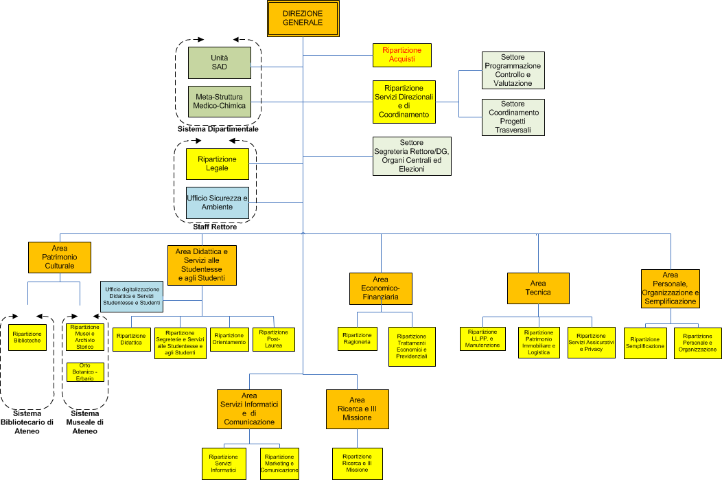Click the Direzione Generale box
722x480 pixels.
click(x=302, y=19)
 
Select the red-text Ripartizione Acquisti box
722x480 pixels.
click(x=402, y=55)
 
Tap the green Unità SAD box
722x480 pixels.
click(x=220, y=62)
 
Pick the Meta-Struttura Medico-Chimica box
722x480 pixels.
click(x=220, y=102)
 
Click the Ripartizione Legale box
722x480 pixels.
click(x=217, y=164)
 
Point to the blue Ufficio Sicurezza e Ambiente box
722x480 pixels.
click(x=217, y=202)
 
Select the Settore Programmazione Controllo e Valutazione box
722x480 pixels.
click(x=513, y=70)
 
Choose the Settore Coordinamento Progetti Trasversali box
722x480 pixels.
click(x=513, y=117)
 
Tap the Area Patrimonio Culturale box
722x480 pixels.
click(x=60, y=257)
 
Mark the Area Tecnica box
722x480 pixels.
click(x=538, y=288)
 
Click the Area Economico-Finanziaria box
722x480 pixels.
click(x=380, y=288)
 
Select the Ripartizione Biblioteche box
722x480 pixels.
click(x=27, y=337)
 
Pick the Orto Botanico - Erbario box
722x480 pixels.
click(x=86, y=372)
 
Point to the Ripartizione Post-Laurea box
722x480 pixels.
click(x=274, y=339)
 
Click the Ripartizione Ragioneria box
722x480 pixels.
click(x=357, y=337)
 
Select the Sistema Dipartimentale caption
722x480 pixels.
click(x=218, y=128)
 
